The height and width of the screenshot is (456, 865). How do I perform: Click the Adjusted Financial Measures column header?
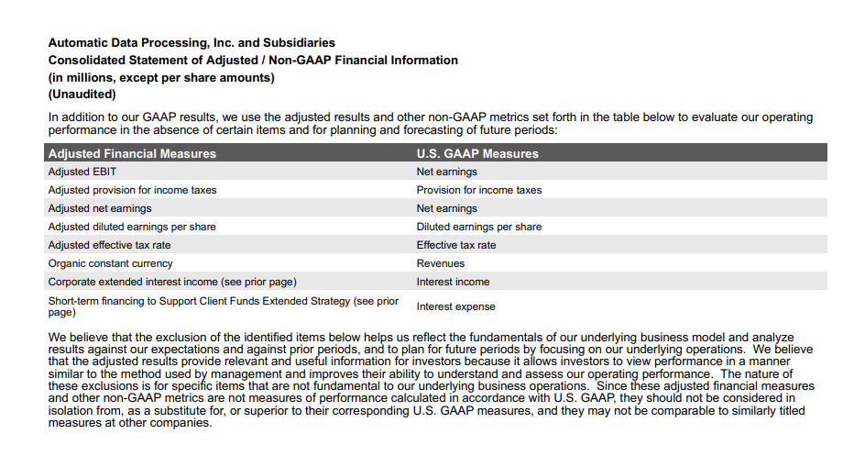click(132, 153)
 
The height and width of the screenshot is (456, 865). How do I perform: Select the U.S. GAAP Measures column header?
click(477, 153)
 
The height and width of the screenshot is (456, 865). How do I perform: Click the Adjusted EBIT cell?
click(82, 172)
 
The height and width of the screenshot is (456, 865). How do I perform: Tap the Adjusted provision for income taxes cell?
click(132, 190)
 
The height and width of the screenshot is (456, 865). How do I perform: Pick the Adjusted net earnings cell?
click(100, 208)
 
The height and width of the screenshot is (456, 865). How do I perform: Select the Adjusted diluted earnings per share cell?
click(132, 227)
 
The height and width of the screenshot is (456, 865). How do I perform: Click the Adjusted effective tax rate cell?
click(109, 245)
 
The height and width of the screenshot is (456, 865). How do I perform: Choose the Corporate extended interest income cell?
click(172, 282)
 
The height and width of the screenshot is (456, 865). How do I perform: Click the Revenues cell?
click(441, 263)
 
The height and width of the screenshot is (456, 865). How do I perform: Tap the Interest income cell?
click(453, 282)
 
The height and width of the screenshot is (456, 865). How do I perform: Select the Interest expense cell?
click(455, 306)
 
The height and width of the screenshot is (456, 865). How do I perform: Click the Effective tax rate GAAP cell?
click(456, 245)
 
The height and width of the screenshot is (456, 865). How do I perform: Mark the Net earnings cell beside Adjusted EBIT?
click(446, 172)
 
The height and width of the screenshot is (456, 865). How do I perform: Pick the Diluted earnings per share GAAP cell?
click(478, 227)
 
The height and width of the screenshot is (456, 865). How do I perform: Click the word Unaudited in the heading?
click(82, 95)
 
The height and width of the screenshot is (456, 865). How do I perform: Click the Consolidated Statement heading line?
click(252, 60)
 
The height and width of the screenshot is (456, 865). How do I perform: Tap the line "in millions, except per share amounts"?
click(161, 77)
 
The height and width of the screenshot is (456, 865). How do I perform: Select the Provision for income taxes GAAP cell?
click(478, 190)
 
